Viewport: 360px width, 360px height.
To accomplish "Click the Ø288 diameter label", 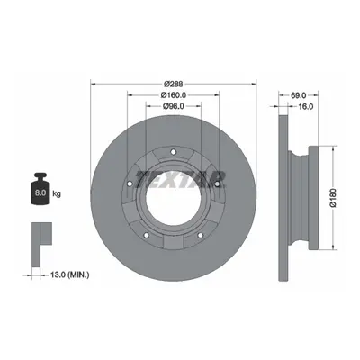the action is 174,84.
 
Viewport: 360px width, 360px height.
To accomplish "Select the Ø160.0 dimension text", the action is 174,95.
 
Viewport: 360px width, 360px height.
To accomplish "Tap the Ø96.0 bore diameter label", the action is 173,106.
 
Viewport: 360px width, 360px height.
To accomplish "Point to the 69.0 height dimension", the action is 299,95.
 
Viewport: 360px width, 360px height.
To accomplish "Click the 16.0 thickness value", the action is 306,106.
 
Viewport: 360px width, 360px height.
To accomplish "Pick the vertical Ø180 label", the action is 332,198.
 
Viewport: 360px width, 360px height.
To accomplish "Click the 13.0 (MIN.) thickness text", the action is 66,274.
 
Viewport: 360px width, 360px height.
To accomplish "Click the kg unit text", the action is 57,193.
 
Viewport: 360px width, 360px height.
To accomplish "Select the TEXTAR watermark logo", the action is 180,180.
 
